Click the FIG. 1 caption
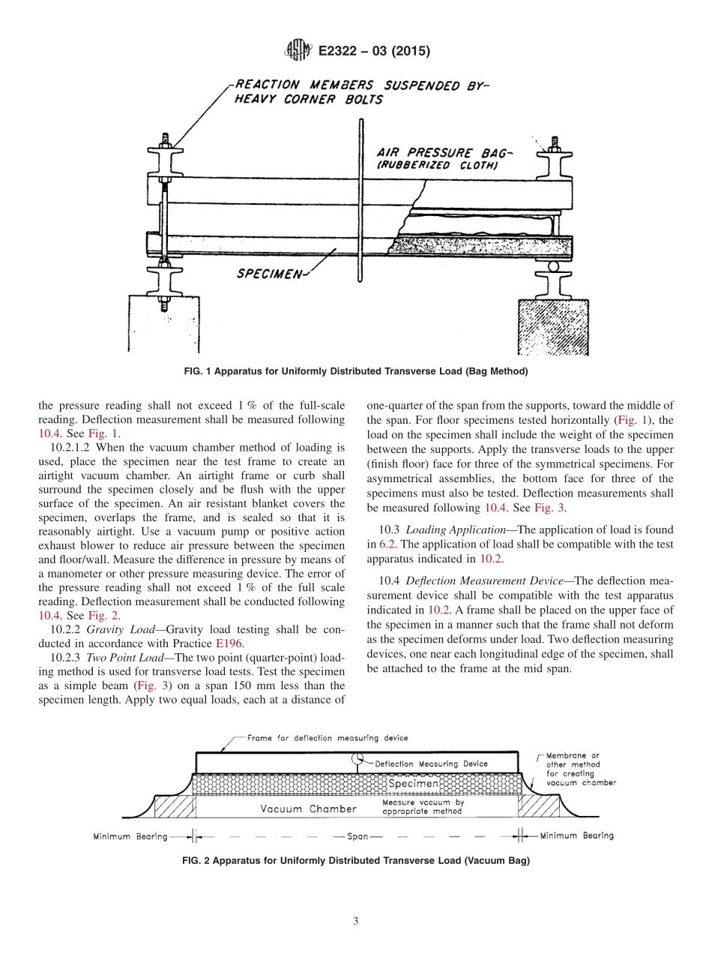tap(356, 371)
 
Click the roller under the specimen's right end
tap(554, 265)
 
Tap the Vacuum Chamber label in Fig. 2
tap(308, 808)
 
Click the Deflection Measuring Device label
tap(431, 763)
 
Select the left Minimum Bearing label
tap(130, 836)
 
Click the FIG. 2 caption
tap(356, 861)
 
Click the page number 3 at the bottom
tap(356, 921)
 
